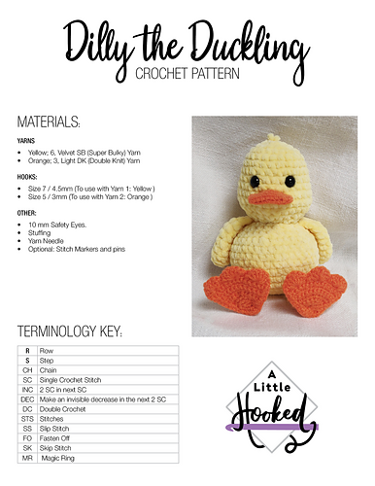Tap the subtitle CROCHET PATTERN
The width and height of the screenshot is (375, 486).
[187, 73]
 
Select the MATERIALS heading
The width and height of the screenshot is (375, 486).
[49, 122]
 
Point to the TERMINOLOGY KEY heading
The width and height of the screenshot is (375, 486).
[70, 332]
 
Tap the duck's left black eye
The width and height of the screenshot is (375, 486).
[254, 181]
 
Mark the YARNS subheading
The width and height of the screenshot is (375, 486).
[27, 140]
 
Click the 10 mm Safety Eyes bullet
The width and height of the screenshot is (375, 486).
[65, 225]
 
